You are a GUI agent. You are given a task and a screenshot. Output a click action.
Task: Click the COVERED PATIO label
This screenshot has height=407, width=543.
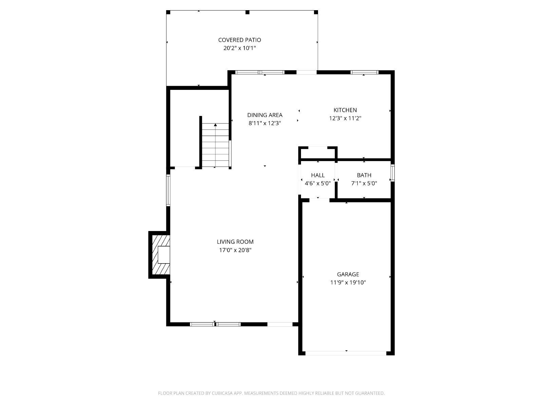pos(239,40)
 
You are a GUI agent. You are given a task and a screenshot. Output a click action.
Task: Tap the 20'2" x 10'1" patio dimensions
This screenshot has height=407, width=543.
pos(239,48)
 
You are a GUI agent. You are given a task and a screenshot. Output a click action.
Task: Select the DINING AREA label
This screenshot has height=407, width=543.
pos(265,115)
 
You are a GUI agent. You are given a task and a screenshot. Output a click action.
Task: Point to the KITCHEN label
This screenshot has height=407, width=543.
pos(345,110)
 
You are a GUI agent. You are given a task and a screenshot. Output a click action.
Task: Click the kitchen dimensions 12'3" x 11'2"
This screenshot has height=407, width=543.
pos(345,118)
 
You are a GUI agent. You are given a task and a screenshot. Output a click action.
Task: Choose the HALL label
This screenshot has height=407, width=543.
pos(318,175)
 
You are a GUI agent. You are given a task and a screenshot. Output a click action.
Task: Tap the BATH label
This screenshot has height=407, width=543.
pos(364,175)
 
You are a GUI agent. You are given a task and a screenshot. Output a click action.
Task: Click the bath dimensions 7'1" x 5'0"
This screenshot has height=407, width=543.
pos(364,183)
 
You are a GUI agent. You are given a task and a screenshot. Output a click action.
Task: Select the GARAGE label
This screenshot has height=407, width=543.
pos(348,274)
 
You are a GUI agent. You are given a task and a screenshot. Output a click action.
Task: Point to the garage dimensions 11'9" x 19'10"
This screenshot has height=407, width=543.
pos(348,282)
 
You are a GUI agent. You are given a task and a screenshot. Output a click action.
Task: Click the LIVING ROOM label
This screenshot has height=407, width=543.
pos(235,242)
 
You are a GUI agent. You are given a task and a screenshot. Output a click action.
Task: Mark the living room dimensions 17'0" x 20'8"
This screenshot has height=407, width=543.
pos(235,250)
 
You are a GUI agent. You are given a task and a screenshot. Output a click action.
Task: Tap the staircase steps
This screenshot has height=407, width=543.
pos(215,145)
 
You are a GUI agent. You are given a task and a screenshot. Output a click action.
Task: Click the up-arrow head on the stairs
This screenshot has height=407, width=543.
pos(216,125)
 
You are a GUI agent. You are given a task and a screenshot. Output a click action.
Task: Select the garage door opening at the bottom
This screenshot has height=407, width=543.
pos(346,353)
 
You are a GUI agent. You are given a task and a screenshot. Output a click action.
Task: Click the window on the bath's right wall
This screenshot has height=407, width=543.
pos(393,173)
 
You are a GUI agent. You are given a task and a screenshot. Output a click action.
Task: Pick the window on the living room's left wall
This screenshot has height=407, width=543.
pos(168,190)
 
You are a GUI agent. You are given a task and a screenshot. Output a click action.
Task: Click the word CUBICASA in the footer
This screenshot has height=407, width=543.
pos(222,393)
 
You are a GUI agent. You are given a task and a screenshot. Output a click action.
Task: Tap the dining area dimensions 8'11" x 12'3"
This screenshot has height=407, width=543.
pos(265,123)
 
